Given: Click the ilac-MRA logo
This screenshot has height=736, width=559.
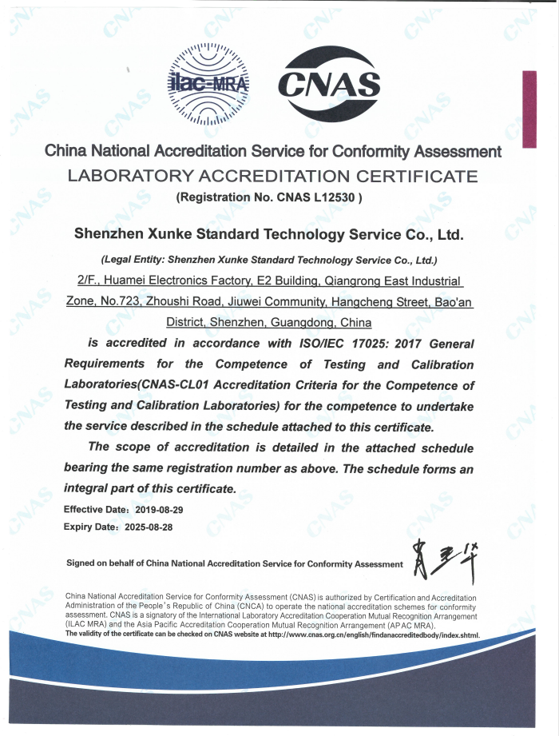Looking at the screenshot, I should point(208,84).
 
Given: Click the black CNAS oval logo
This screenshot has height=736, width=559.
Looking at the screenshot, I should point(328,83).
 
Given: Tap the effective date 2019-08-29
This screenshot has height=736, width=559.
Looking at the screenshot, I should point(161,509).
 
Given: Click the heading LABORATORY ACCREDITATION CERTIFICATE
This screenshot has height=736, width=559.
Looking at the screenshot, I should point(272,176).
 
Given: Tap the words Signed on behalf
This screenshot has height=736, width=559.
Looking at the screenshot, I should point(105,563).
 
